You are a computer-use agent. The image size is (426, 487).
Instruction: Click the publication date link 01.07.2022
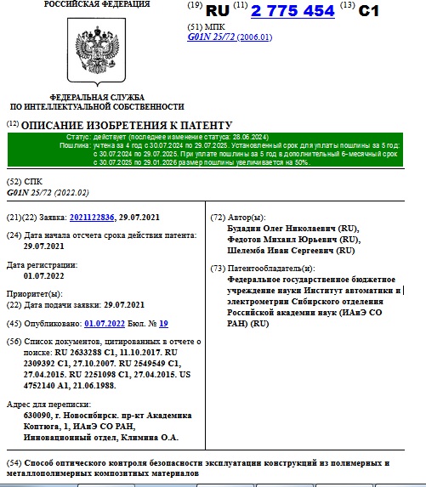tap(105, 323)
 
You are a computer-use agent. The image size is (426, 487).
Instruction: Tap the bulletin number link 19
tap(163, 323)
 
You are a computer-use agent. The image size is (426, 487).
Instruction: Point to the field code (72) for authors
tap(217, 218)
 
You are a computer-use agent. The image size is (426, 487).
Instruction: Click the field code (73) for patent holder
tap(217, 269)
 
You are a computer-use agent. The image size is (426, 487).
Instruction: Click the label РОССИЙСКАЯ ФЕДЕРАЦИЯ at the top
tap(88, 5)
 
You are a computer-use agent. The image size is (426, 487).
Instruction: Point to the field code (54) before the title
tap(13, 462)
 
